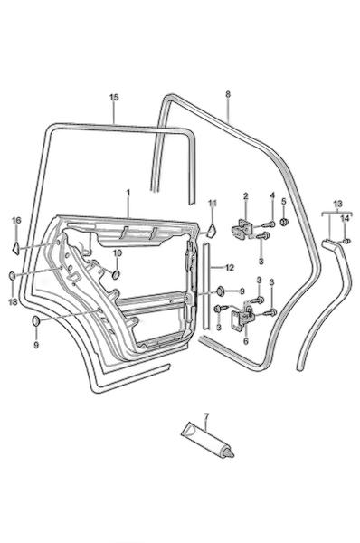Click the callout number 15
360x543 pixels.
tap(114, 98)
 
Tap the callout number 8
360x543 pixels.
tap(227, 94)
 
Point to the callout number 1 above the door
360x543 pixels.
tap(128, 192)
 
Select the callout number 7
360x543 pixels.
tap(206, 416)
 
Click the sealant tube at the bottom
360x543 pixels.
tap(208, 441)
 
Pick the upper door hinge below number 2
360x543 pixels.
tap(242, 230)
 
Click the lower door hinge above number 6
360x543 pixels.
tap(243, 316)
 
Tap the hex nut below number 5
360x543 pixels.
tap(284, 222)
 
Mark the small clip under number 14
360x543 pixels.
tap(346, 241)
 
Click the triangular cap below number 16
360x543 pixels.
tap(15, 248)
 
